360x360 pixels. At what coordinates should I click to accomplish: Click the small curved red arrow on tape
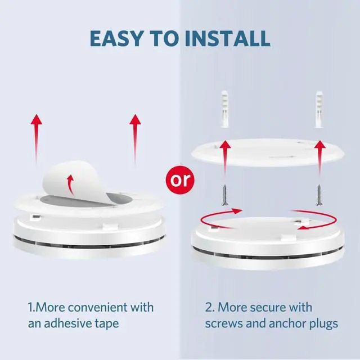[x=70, y=183]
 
